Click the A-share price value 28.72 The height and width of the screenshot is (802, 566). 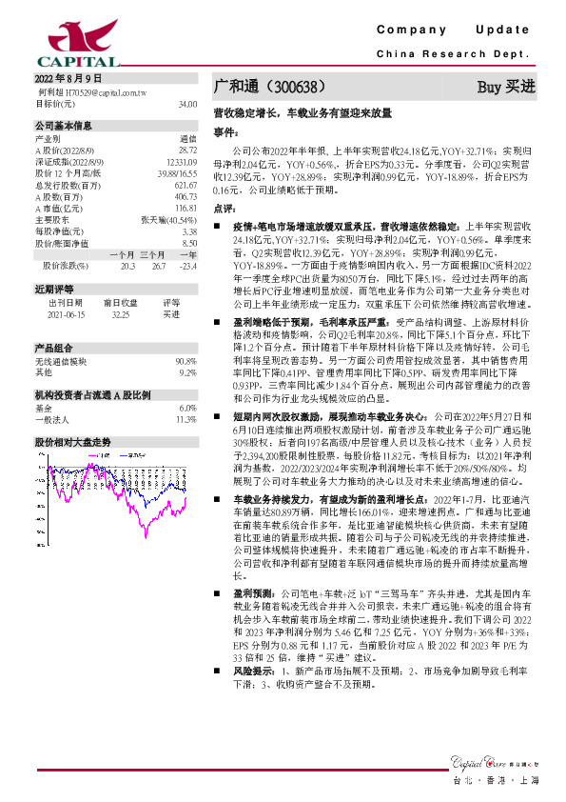[187, 150]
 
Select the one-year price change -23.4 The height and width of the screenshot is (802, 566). [186, 265]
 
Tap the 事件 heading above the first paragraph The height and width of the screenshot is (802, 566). [224, 130]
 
